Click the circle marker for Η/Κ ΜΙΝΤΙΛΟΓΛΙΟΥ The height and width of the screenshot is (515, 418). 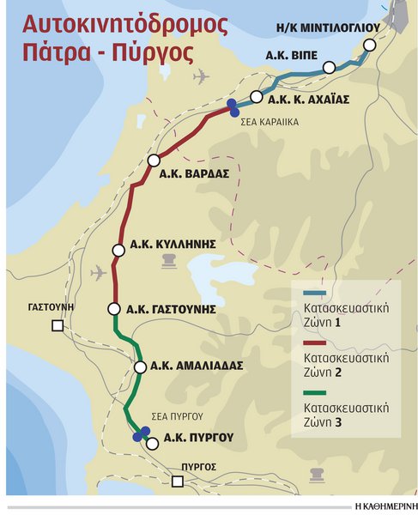[370, 45]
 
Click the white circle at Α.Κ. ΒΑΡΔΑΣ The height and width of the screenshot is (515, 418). [154, 161]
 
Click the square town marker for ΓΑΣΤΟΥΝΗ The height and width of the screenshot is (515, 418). [58, 325]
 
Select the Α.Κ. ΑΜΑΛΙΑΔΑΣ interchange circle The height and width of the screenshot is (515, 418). [140, 367]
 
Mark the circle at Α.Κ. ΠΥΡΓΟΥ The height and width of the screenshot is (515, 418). [153, 443]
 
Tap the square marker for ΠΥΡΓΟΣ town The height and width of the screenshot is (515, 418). [178, 482]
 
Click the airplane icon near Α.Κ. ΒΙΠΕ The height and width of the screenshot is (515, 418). [202, 76]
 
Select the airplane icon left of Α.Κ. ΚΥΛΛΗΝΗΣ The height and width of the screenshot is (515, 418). [98, 273]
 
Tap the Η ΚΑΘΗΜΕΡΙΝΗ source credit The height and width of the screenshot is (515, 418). [382, 506]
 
